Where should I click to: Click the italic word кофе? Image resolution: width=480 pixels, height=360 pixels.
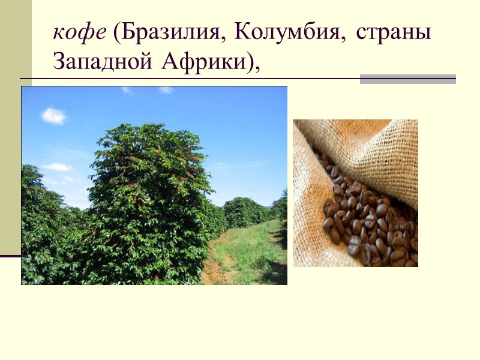[80, 34]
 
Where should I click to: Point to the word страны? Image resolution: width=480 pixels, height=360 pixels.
[393, 34]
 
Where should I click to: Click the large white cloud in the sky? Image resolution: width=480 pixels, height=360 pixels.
[54, 115]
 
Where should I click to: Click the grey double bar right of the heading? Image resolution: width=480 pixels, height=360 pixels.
[407, 79]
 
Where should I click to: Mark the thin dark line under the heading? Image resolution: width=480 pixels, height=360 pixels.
[180, 79]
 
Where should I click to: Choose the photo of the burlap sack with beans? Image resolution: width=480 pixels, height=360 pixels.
[355, 193]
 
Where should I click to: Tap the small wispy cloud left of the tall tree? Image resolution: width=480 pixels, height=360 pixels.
[58, 167]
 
